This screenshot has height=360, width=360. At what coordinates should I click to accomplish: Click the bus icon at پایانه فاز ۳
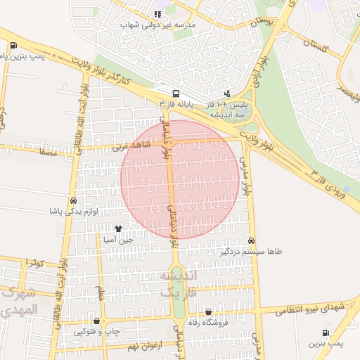pos(175,93)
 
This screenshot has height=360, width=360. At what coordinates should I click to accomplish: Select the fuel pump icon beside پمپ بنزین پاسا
pos(14,46)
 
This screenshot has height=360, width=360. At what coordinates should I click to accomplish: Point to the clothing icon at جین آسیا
pos(118,228)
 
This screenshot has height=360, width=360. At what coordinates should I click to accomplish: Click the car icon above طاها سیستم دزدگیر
pos(252,240)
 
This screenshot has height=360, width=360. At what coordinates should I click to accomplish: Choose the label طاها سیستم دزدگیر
pos(250,251)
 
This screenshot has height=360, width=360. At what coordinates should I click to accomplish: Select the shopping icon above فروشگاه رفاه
pos(209,312)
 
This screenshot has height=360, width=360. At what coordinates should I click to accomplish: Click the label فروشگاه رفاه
pos(209,323)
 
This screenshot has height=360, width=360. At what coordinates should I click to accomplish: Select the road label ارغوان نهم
pos(145,346)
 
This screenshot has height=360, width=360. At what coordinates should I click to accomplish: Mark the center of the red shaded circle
pos(181,179)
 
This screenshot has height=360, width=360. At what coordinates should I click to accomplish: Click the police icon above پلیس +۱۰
pos(226,93)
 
